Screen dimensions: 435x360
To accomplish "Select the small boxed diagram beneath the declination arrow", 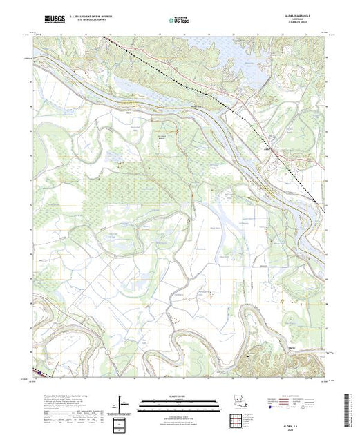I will click(123, 423).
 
